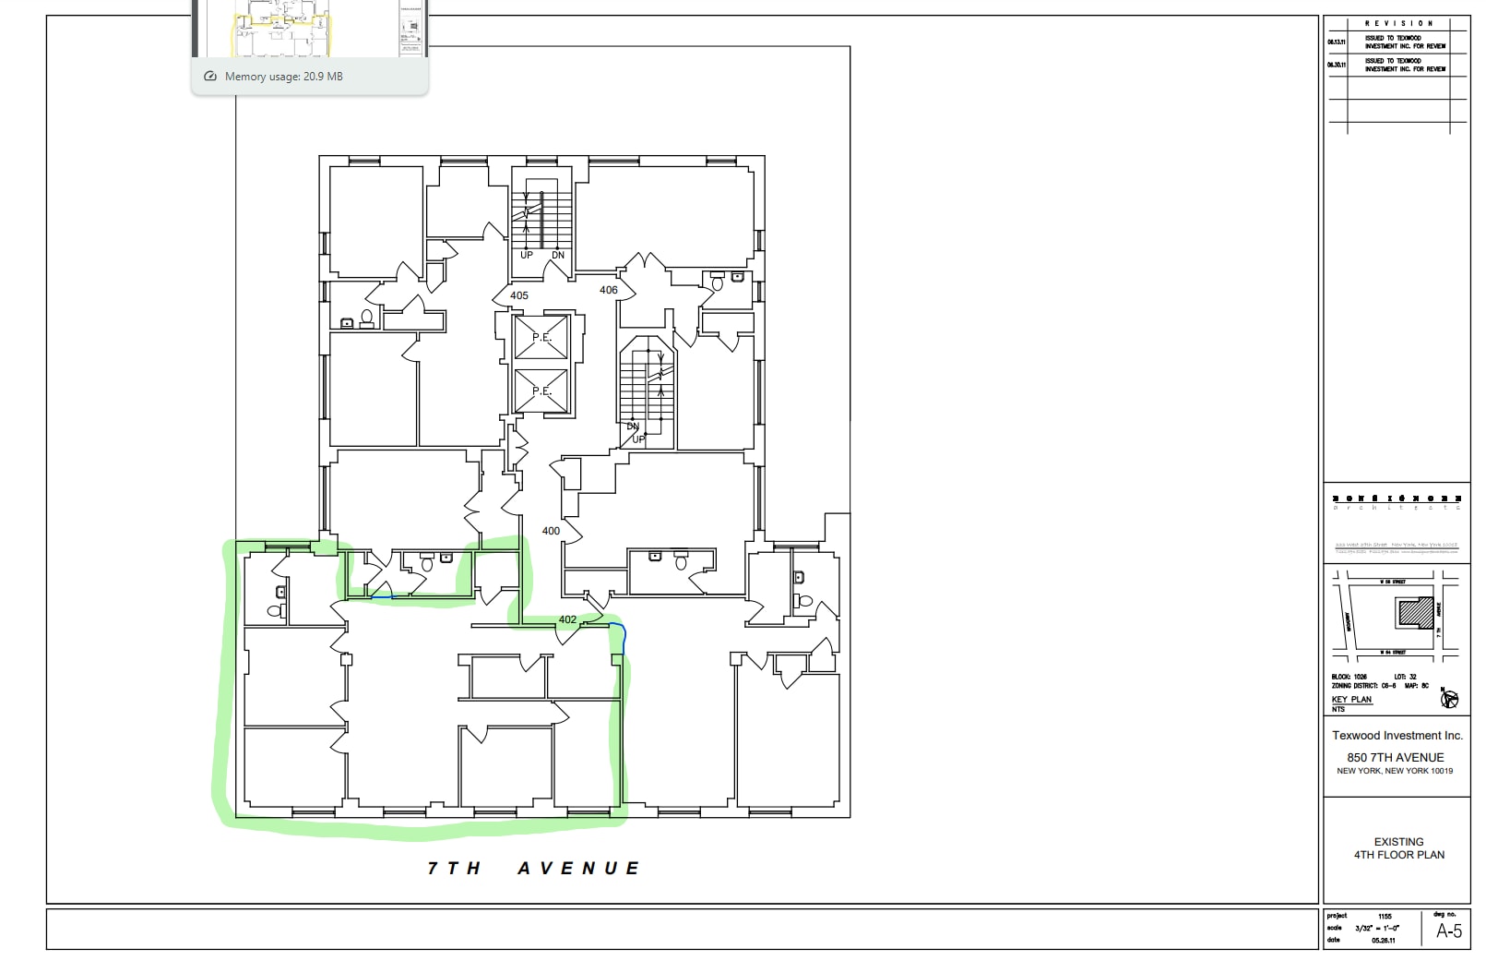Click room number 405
click(519, 295)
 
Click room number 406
click(609, 290)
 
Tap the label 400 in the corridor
click(551, 531)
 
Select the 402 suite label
click(567, 619)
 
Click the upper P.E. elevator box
click(541, 338)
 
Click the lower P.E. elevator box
click(541, 391)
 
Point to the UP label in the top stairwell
click(527, 256)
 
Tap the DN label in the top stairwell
click(558, 256)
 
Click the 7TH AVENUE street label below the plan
click(533, 868)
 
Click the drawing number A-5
click(1449, 931)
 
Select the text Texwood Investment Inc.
click(1397, 736)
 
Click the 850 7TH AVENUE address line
click(1395, 757)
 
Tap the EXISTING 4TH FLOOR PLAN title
click(1398, 848)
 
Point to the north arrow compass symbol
click(1449, 699)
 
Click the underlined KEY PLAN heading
click(1351, 700)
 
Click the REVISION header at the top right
click(1398, 23)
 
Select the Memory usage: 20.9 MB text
click(283, 77)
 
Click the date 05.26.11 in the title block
click(1384, 940)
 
